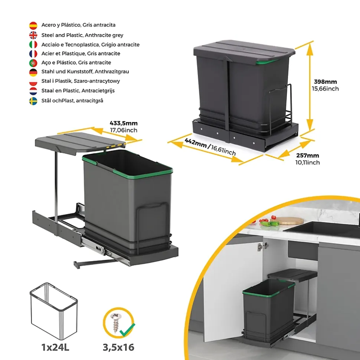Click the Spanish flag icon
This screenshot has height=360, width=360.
(x=33, y=26)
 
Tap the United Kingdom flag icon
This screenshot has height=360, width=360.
(x=33, y=35)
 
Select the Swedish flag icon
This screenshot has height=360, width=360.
(x=33, y=101)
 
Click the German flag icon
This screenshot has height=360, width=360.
(x=33, y=72)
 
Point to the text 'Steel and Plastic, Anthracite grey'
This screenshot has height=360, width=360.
(x=82, y=35)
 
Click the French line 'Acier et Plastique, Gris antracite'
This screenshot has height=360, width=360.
(x=81, y=53)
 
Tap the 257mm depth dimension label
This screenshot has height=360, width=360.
(x=307, y=156)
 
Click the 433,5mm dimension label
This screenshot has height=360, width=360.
(x=124, y=123)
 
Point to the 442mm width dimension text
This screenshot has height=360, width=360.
(x=196, y=143)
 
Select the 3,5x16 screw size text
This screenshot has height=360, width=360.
(x=118, y=347)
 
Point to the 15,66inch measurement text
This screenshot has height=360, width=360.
(x=325, y=89)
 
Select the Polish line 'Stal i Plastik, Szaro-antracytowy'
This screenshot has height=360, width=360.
(x=81, y=81)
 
